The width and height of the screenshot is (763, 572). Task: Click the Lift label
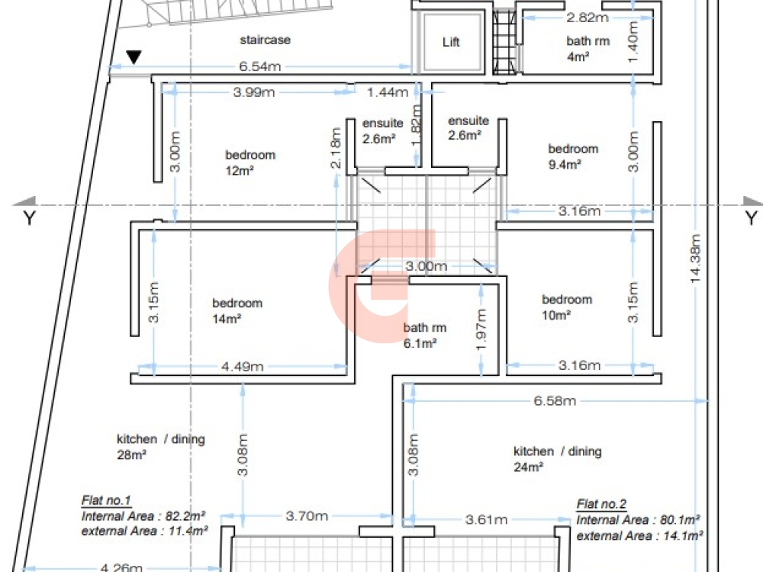coord(451,42)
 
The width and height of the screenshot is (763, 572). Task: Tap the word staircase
coord(266,40)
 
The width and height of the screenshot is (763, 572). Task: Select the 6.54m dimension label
coord(260,66)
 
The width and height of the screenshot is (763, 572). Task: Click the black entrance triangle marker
coord(134,57)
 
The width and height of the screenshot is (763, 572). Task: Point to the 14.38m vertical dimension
coord(695,259)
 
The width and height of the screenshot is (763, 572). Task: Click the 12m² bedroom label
coord(250,162)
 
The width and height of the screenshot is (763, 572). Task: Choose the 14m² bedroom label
coord(237,311)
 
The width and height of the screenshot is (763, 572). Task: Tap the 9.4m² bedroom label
coord(573,156)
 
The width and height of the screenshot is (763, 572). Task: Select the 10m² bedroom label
coord(567,307)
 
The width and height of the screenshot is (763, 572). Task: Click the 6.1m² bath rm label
coord(425,336)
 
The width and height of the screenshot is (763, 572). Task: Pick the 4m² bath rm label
coord(588,49)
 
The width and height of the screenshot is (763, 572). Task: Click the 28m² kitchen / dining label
coord(160,447)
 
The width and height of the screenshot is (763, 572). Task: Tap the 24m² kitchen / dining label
coord(558,459)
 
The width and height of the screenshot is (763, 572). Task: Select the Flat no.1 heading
coord(106,500)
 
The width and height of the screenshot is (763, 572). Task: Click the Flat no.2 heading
coord(601,504)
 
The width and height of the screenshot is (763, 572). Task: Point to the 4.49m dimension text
coord(243,366)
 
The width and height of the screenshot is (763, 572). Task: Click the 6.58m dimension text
coord(555,401)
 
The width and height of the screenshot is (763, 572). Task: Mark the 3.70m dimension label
coord(307,516)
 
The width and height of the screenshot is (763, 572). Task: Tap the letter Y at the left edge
coord(29,218)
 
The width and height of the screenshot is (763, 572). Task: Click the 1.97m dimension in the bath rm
coord(481,329)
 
